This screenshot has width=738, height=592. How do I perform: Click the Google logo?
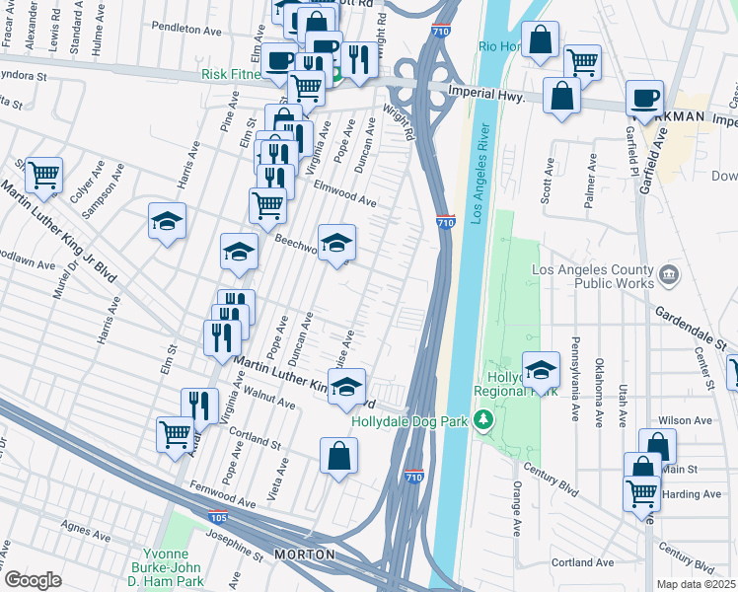pos(32,580)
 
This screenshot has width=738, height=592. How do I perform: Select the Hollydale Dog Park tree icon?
pos(483,421)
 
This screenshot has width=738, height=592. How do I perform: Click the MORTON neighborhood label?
pos(304,555)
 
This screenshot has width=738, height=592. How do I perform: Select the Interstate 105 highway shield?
pos(216,516)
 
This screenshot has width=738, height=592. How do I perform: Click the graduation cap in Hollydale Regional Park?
pos(541,369)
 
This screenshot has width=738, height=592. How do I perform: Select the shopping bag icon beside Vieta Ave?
pos(338,455)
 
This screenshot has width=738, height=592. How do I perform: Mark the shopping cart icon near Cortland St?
pos(175,432)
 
